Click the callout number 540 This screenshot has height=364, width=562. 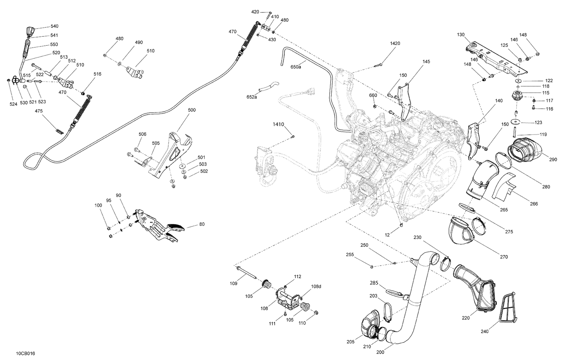54,27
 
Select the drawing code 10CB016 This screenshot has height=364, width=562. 25,353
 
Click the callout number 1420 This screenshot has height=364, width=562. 395,43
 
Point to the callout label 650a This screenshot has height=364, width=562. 296,67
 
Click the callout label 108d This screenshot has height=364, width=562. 316,286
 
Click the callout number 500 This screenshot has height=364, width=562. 191,110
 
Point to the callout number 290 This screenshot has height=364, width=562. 553,160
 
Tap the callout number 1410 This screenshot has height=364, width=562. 278,124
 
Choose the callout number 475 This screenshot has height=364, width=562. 39,111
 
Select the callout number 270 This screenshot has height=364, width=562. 504,257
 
